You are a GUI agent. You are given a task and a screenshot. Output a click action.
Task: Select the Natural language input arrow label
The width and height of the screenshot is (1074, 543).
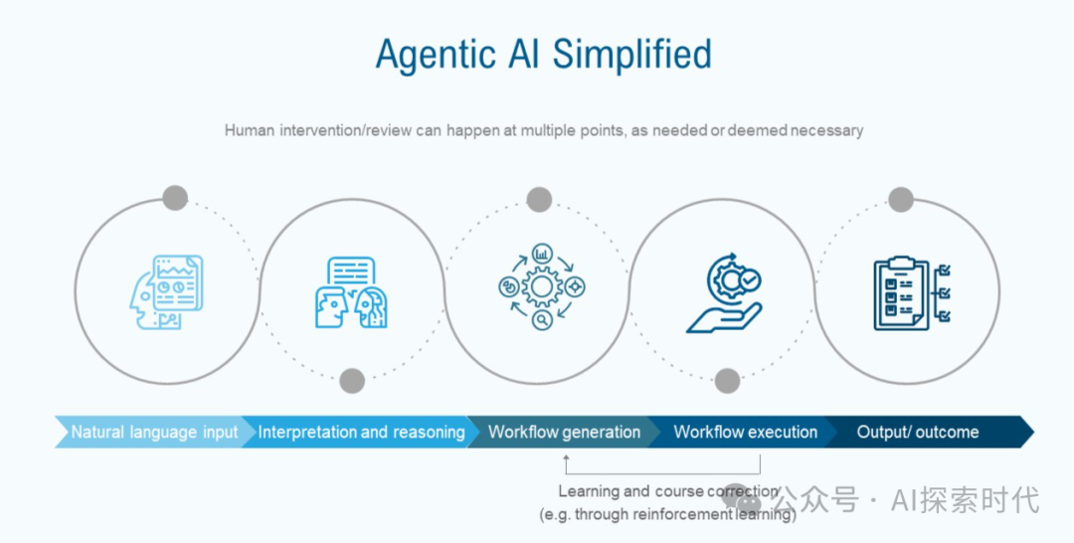tap(154, 433)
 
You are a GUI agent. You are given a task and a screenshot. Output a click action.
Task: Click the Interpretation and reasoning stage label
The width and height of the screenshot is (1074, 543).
tap(361, 433)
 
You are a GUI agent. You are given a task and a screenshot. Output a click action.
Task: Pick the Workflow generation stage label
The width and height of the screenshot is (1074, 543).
tap(564, 433)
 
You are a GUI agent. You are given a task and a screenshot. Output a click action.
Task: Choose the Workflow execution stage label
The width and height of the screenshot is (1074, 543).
tap(746, 433)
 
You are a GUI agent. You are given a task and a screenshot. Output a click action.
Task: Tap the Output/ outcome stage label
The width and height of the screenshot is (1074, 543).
tap(918, 433)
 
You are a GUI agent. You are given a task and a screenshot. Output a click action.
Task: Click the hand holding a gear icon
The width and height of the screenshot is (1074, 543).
tap(724, 294)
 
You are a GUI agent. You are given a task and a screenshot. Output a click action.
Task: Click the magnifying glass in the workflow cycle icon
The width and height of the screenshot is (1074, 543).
tap(542, 320)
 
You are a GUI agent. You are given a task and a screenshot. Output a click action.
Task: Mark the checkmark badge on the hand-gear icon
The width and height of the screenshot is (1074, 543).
tap(751, 281)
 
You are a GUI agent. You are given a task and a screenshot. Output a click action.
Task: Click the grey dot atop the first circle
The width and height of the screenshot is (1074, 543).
tap(175, 197)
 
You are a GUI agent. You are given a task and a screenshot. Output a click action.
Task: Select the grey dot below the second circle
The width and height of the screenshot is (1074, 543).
tap(352, 380)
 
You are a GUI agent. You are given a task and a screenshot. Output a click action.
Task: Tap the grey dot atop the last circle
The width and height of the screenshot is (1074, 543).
tap(901, 198)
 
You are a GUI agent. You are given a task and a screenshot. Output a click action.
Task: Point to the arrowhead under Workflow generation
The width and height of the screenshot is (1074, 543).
tap(566, 458)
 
